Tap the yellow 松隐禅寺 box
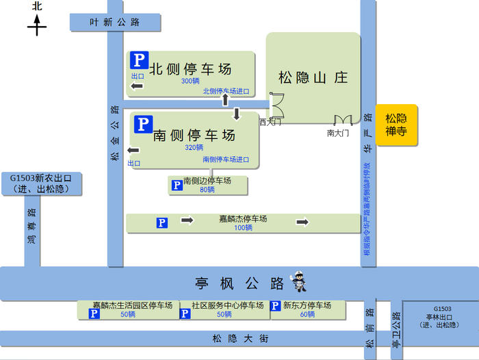(396, 124)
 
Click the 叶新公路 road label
(115, 22)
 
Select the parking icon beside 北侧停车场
(139, 60)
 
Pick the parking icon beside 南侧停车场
(143, 124)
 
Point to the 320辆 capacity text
(194, 147)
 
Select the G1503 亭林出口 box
(442, 316)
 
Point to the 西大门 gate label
(270, 122)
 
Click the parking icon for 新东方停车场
(275, 306)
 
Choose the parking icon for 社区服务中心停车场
(185, 313)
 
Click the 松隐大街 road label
(239, 338)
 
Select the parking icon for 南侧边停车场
(177, 185)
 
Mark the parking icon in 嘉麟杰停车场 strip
(162, 222)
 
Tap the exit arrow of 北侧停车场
(137, 86)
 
